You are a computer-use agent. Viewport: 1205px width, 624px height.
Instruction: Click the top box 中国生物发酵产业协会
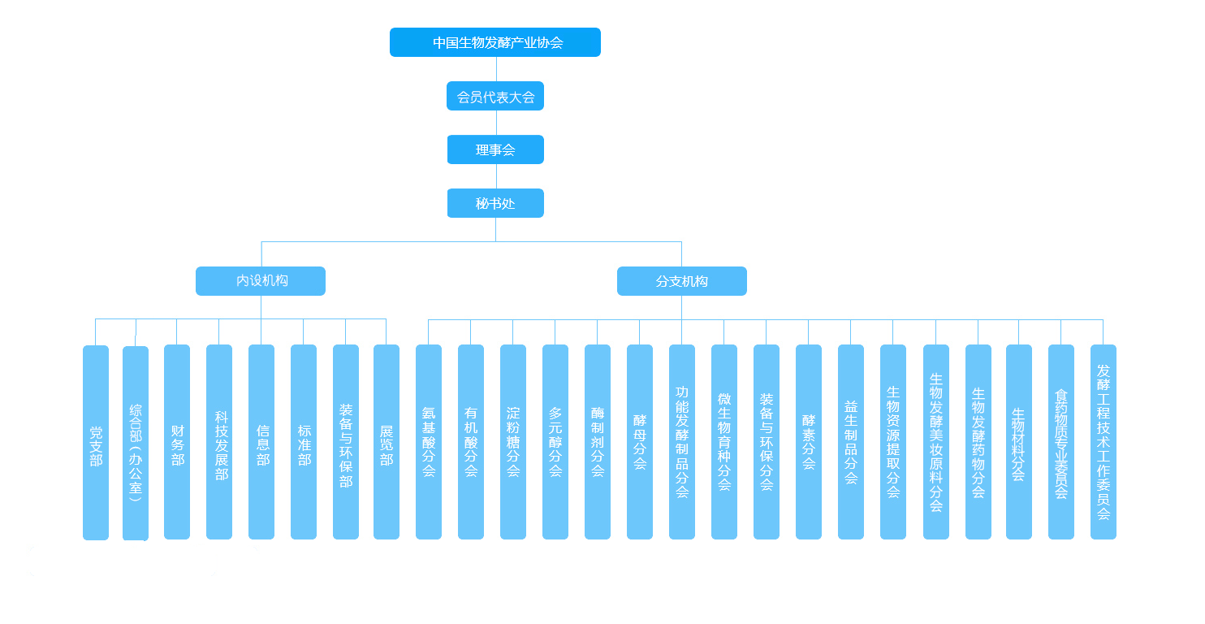click(x=495, y=42)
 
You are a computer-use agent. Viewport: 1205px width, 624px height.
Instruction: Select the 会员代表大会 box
click(x=495, y=97)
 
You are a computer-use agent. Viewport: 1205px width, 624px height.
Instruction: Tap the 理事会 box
click(x=495, y=150)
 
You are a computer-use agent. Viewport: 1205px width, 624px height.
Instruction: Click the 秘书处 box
click(x=495, y=204)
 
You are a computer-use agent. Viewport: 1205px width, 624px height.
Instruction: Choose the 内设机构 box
click(x=261, y=281)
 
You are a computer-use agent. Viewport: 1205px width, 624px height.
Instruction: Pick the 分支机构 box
click(x=682, y=281)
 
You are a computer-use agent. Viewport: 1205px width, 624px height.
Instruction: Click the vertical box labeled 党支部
click(x=96, y=443)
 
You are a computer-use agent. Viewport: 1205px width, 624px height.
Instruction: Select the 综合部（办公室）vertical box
click(x=136, y=444)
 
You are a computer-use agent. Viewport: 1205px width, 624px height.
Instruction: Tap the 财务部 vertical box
click(x=177, y=443)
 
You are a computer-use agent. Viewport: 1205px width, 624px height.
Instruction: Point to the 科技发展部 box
click(x=219, y=443)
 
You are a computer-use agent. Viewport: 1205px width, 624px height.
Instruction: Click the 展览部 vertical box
click(x=387, y=443)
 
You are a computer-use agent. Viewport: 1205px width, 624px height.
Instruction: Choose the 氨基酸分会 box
click(x=429, y=443)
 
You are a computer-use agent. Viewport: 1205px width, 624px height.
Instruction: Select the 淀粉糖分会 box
click(x=513, y=443)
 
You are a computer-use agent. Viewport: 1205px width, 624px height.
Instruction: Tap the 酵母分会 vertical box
click(x=640, y=443)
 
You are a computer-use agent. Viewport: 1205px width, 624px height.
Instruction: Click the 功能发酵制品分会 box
click(x=682, y=443)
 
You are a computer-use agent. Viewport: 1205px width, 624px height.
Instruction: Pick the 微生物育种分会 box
click(x=724, y=443)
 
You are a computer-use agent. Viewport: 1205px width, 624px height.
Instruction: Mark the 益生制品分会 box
click(x=851, y=443)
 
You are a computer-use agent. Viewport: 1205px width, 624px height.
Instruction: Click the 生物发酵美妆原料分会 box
click(x=936, y=443)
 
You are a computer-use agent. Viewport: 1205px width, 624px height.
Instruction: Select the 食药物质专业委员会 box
click(x=1061, y=443)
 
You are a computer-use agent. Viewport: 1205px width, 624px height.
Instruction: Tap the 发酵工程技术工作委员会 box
click(x=1104, y=443)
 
